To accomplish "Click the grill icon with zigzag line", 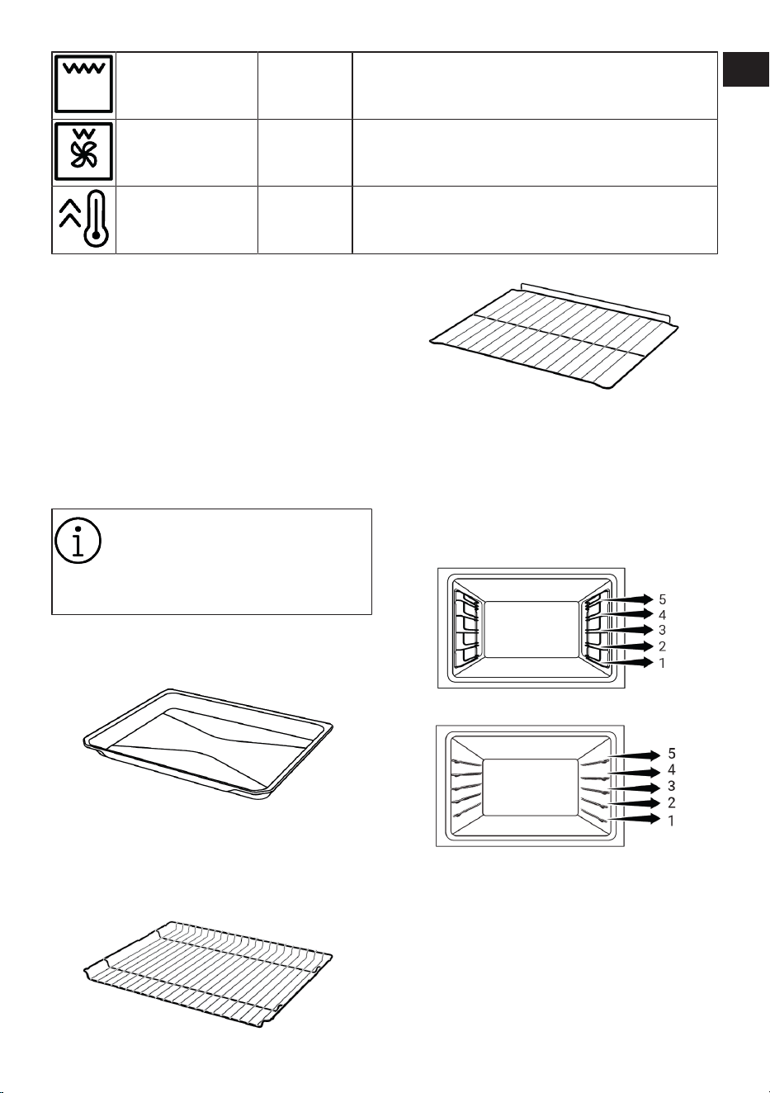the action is pos(84,84).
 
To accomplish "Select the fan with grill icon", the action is pos(84,152).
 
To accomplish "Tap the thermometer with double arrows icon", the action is pos(84,218).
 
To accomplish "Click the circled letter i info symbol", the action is pos(78,541).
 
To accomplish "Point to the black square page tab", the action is pos(745,69).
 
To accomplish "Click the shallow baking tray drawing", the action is pos(208,745).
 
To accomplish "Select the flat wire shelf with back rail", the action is pos(554,335).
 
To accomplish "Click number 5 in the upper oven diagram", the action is pos(662,599).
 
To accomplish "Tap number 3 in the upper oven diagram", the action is pos(662,630).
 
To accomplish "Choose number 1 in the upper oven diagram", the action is pos(662,663).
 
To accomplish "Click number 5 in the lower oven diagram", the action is pos(672,754).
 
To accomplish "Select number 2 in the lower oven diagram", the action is pos(672,802).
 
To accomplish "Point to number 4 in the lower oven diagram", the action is pos(672,770).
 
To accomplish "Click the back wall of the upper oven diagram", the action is pos(531,629).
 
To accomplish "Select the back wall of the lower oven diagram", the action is pos(531,787).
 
